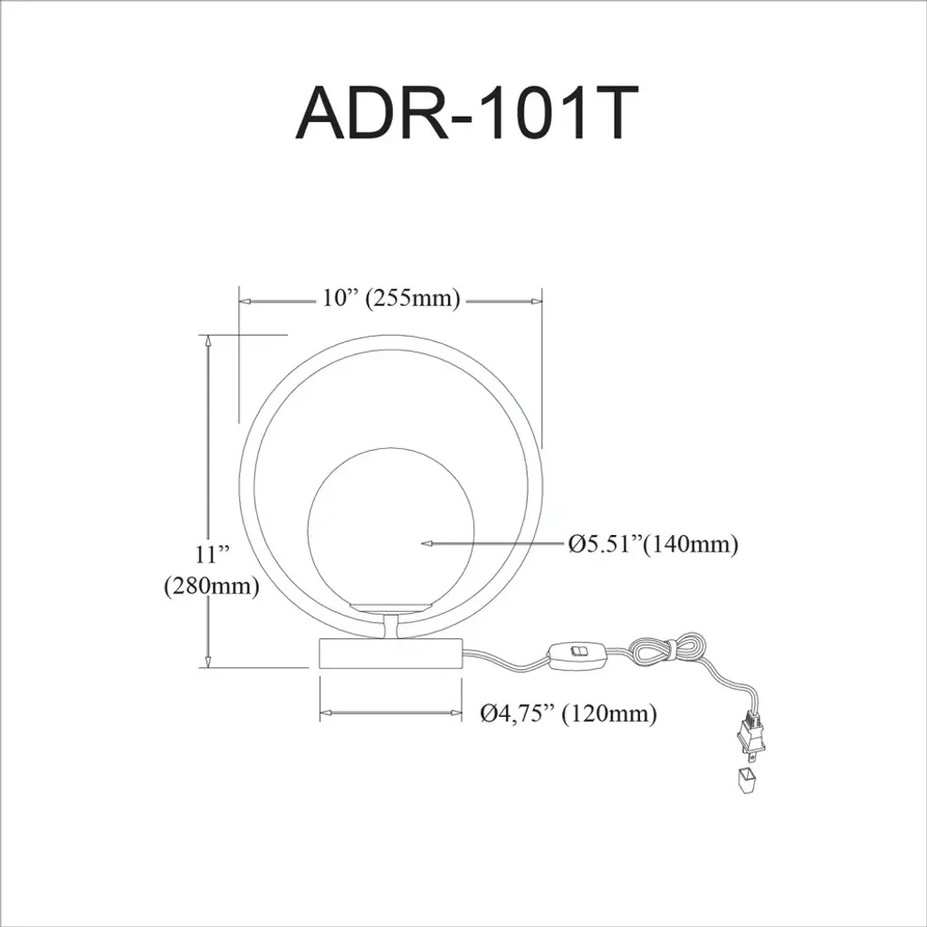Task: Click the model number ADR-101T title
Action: [466, 113]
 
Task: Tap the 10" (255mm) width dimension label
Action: [391, 299]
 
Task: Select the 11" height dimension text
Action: [212, 555]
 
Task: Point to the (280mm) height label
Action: [212, 586]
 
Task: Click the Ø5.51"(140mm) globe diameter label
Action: [654, 543]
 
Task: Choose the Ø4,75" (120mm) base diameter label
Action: [569, 713]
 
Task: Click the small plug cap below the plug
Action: [747, 779]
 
